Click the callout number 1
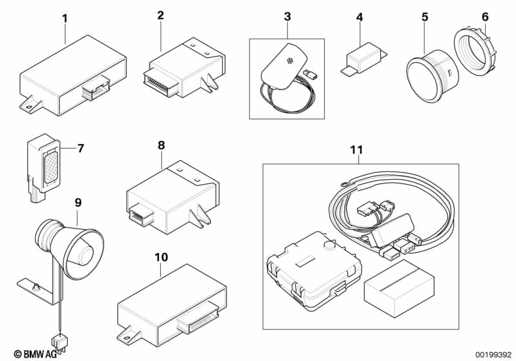pyautogui.click(x=65, y=19)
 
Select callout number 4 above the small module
pyautogui.click(x=360, y=17)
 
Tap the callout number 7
pyautogui.click(x=81, y=148)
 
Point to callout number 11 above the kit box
pyautogui.click(x=356, y=150)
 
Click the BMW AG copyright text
pyautogui.click(x=35, y=354)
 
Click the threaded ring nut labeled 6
pyautogui.click(x=475, y=53)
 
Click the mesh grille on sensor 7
pyautogui.click(x=51, y=167)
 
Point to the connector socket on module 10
pyautogui.click(x=197, y=318)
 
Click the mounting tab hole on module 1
pyautogui.click(x=28, y=107)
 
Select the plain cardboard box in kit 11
pyautogui.click(x=399, y=289)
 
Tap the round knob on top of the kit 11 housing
pyautogui.click(x=329, y=246)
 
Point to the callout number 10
pyautogui.click(x=161, y=257)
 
